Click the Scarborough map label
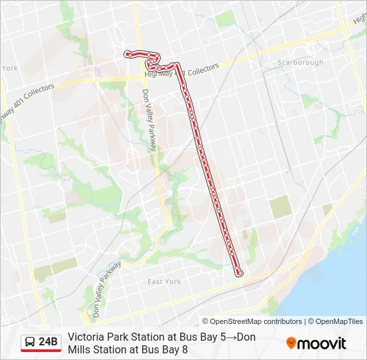[300, 63]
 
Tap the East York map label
[164, 282]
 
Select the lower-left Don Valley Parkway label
[106, 287]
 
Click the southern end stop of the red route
[240, 273]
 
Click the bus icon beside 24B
[30, 343]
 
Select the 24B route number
[49, 343]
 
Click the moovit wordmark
[322, 344]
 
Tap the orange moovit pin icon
[291, 343]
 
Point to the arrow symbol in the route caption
[232, 337]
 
